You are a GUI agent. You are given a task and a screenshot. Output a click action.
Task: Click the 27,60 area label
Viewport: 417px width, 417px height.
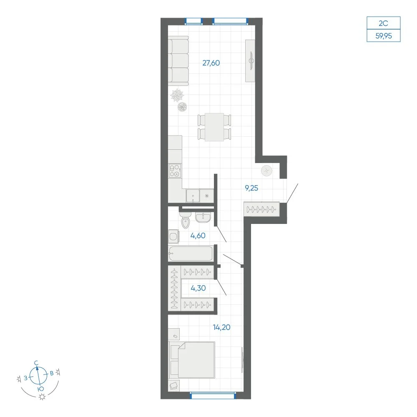pyautogui.click(x=211, y=63)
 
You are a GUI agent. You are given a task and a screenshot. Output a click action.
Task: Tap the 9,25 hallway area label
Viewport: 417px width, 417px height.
pyautogui.click(x=251, y=188)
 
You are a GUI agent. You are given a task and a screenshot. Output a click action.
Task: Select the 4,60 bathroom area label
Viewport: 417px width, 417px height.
pyautogui.click(x=198, y=235)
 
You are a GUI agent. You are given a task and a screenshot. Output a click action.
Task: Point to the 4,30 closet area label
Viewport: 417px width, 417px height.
pyautogui.click(x=198, y=288)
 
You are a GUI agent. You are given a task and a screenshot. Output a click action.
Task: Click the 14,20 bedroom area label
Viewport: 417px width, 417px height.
pyautogui.click(x=221, y=327)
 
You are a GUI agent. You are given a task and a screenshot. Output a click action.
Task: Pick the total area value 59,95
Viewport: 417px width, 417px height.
pyautogui.click(x=384, y=35)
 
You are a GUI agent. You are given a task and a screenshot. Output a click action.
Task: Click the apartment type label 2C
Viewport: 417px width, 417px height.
pyautogui.click(x=383, y=23)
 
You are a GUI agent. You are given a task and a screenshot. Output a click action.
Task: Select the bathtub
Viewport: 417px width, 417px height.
pyautogui.click(x=191, y=253)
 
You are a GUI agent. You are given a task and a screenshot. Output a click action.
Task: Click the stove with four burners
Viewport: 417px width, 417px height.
pyautogui.click(x=175, y=171)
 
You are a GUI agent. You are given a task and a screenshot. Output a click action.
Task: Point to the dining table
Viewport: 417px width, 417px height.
pyautogui.click(x=214, y=127)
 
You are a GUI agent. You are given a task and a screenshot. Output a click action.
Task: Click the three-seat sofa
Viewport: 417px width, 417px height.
pyautogui.click(x=178, y=61)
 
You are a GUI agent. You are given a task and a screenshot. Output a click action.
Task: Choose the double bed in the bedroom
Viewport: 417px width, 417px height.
pyautogui.click(x=192, y=360)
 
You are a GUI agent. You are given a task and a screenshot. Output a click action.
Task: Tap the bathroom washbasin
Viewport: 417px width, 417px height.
pyautogui.click(x=203, y=217)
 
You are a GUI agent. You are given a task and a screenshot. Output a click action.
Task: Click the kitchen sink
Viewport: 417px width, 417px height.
pyautogui.click(x=193, y=196)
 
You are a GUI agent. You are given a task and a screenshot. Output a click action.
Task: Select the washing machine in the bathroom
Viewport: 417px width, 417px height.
pyautogui.click(x=173, y=236)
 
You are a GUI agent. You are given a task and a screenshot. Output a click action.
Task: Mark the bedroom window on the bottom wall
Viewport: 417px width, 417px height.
pyautogui.click(x=213, y=395)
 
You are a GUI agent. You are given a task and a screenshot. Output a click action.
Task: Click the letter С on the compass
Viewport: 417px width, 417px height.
pyautogui.click(x=36, y=363)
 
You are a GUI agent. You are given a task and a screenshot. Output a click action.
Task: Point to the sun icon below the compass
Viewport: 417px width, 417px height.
pyautogui.click(x=42, y=397)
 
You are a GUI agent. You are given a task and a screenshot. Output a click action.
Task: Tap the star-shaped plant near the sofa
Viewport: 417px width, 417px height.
pyautogui.click(x=177, y=95)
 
